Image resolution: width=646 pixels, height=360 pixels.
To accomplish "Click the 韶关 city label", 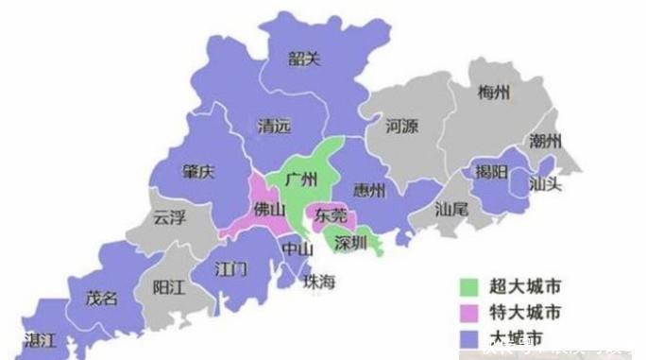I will pos(305,60).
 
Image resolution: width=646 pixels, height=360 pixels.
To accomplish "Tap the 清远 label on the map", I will pos(274,125).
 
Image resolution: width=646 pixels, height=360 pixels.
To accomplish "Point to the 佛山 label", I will pos(269,210).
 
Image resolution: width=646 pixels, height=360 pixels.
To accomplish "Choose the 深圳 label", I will pos(351,241).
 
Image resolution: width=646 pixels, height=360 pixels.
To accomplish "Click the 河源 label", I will pos(402,126).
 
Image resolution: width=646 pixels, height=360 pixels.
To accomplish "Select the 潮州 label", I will pos(545,142).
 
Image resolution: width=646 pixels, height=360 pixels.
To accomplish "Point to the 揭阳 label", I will pos(491,172).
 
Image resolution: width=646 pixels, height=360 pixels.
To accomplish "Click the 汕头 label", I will pos(545,183).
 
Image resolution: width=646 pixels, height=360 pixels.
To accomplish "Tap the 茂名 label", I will pos(102,299).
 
